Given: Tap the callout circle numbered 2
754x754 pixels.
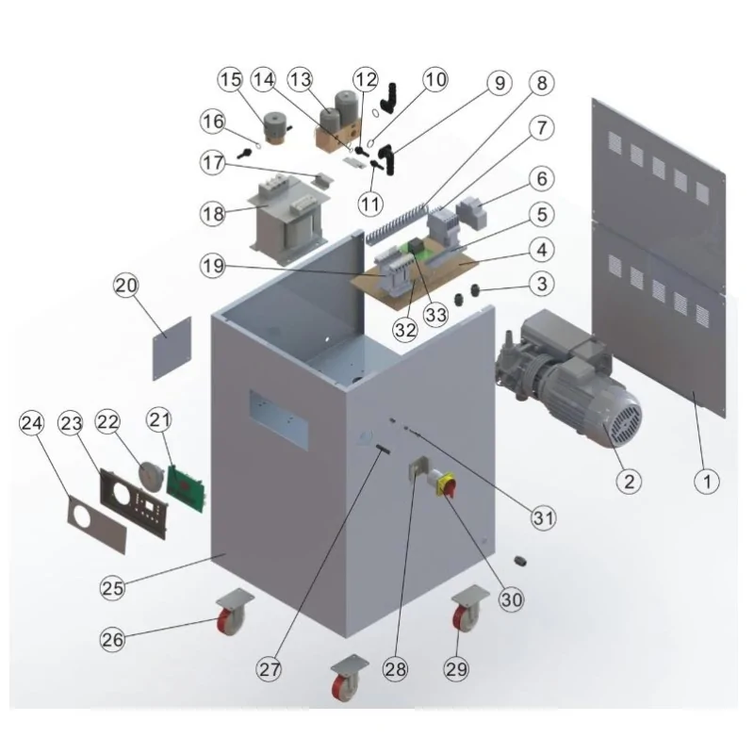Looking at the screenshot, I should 629,481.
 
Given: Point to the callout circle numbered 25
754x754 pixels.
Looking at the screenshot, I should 114,588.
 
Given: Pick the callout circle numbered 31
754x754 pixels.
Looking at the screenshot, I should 544,516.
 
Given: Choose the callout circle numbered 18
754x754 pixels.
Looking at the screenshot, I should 213,213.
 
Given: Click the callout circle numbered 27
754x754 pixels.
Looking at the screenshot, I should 271,670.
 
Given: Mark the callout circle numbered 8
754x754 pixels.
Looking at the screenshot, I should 540,82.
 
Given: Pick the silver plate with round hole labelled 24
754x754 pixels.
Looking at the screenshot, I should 98,525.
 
